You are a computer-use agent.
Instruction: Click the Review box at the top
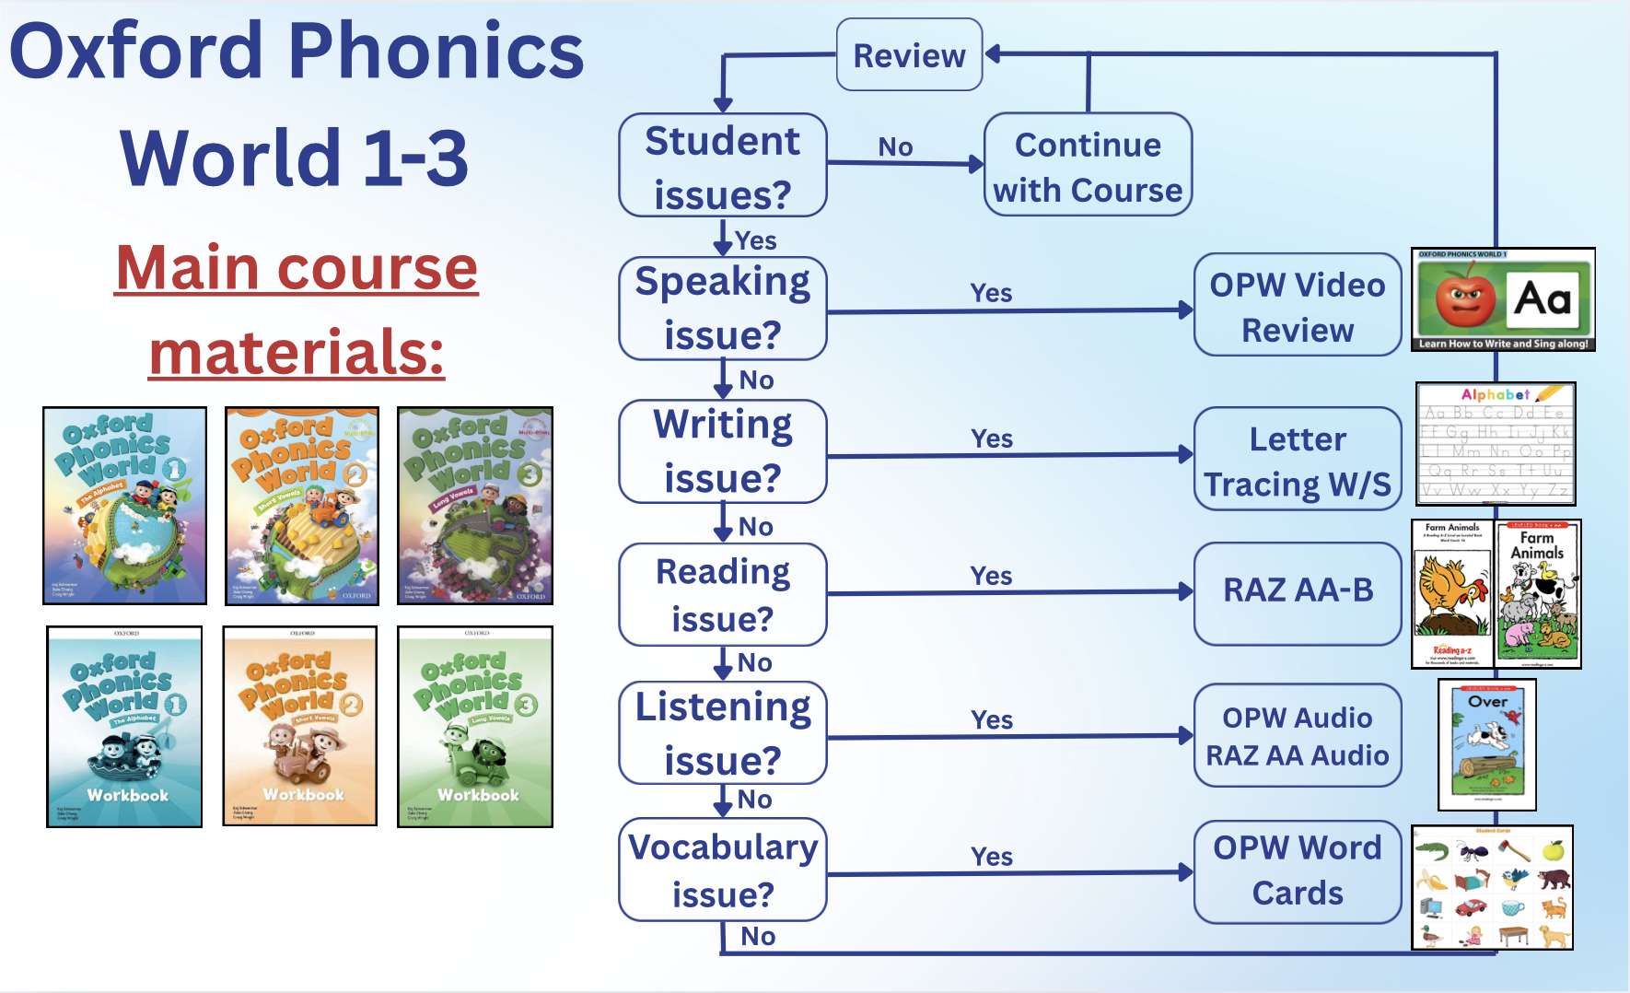click(909, 55)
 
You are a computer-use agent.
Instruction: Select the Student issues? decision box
click(723, 166)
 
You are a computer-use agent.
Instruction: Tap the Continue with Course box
click(1088, 166)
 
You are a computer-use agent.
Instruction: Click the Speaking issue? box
click(723, 309)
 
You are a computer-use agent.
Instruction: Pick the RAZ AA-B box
click(1298, 590)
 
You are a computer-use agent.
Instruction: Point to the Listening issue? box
click(723, 733)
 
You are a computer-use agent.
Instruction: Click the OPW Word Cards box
click(1298, 870)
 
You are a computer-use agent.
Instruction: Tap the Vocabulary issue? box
click(723, 870)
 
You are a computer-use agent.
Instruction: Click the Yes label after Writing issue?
click(992, 438)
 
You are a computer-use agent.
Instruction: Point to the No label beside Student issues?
click(895, 146)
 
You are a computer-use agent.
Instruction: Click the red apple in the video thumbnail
click(1465, 297)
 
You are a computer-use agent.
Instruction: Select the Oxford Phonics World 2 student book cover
click(302, 506)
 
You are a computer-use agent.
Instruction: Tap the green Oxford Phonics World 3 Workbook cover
click(475, 727)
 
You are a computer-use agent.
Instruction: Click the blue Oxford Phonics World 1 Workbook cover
click(124, 727)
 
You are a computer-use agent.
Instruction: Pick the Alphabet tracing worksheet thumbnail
click(1496, 444)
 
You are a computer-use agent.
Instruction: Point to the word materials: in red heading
click(297, 353)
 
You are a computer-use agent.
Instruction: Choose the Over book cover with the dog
click(1486, 744)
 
